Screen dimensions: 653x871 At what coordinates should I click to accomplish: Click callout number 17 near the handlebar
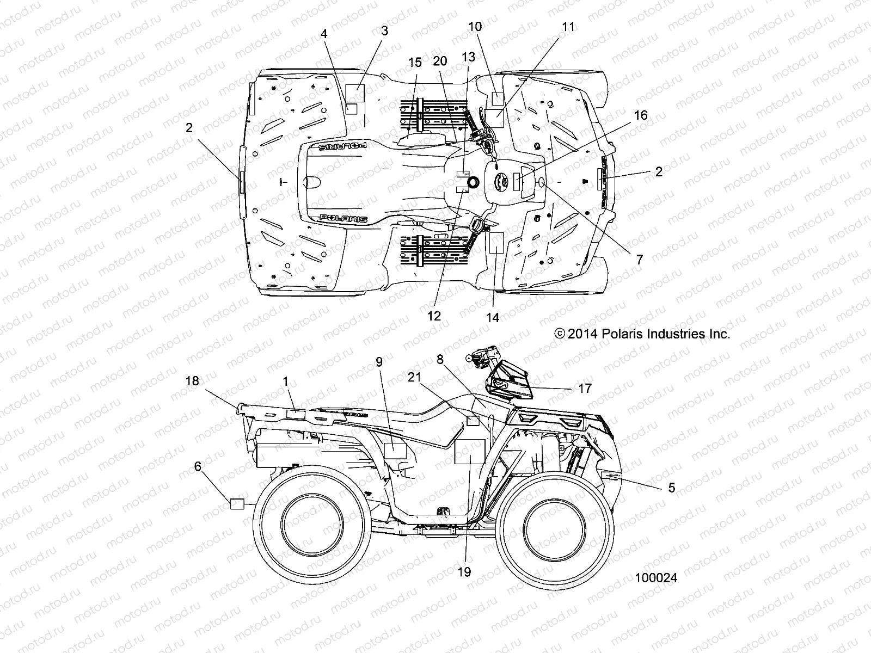click(x=585, y=389)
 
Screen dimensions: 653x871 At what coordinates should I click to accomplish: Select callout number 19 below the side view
click(x=464, y=572)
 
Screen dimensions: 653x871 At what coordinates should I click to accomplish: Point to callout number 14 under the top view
click(x=492, y=318)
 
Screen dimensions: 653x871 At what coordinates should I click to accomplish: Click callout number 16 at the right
click(x=641, y=115)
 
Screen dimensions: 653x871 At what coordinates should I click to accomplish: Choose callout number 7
click(x=640, y=260)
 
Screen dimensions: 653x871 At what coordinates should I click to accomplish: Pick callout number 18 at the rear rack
click(x=192, y=381)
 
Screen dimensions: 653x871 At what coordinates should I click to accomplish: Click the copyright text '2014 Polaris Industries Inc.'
click(x=642, y=334)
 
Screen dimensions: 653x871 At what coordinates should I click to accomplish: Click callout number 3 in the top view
click(x=385, y=31)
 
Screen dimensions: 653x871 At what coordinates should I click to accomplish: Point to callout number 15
click(x=415, y=63)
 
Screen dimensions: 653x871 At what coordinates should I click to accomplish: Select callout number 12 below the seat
click(x=434, y=316)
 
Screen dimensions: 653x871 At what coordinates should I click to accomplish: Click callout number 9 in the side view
click(x=379, y=361)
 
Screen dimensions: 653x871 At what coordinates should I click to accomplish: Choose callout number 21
click(x=415, y=377)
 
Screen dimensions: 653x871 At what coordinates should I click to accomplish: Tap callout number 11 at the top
click(x=568, y=27)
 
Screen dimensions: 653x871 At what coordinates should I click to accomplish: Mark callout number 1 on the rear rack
click(x=286, y=381)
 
